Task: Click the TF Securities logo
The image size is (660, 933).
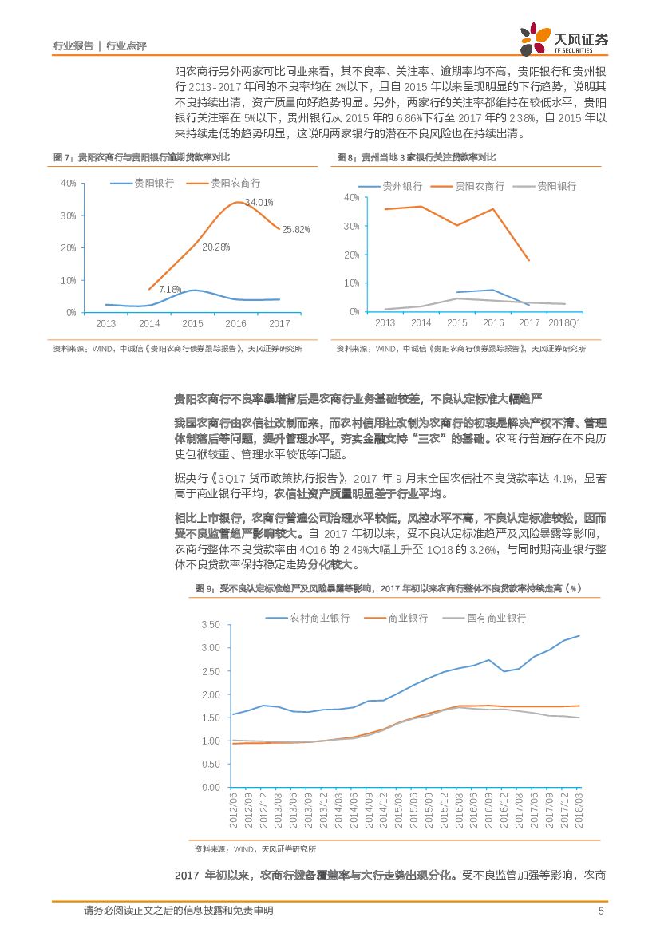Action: (563, 40)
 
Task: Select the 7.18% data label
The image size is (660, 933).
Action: (170, 289)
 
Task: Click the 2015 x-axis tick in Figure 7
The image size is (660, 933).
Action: (192, 324)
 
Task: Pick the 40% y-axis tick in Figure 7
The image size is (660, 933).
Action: (68, 184)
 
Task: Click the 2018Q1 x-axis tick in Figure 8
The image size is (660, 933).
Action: (565, 323)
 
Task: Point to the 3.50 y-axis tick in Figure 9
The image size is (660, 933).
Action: (210, 624)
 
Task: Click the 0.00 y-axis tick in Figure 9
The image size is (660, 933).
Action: (210, 788)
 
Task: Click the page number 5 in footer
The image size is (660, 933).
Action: (601, 911)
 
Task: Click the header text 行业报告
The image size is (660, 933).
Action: (73, 46)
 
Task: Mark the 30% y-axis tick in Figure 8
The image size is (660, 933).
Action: (352, 226)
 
